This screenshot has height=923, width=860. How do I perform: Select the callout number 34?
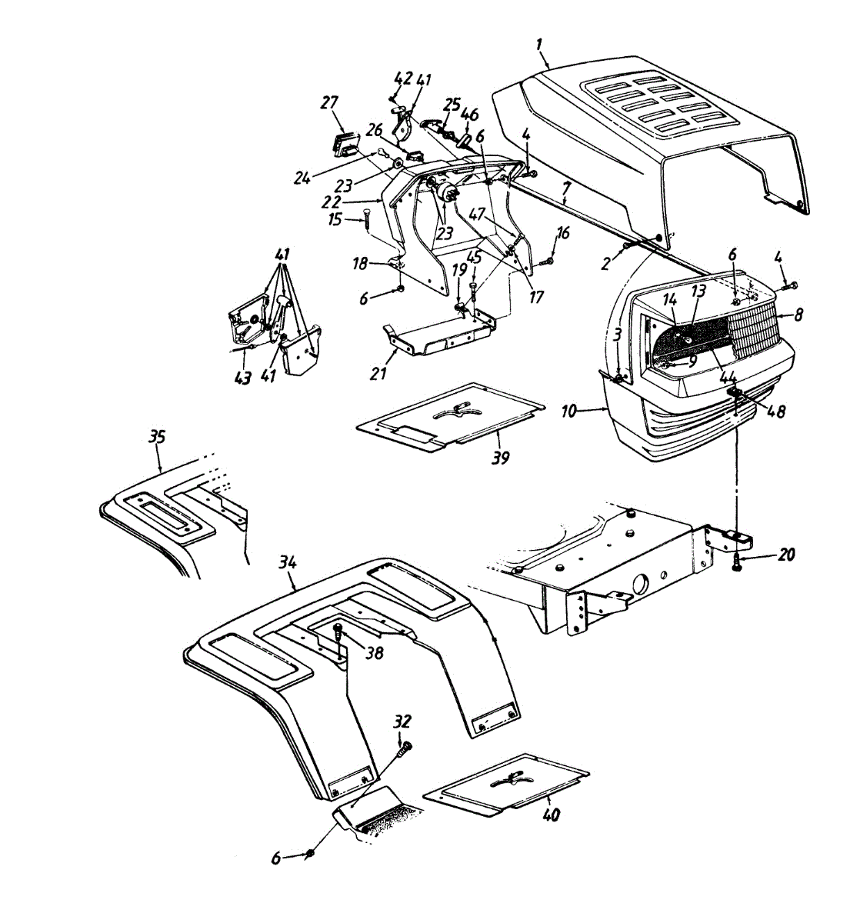tap(287, 565)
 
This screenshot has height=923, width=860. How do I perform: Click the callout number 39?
tap(502, 457)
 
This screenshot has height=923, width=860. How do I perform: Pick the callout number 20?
tap(785, 555)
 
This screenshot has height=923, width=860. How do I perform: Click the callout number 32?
tap(402, 721)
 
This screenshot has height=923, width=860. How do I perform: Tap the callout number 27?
tap(329, 105)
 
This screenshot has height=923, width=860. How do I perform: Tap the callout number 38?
tap(375, 653)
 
